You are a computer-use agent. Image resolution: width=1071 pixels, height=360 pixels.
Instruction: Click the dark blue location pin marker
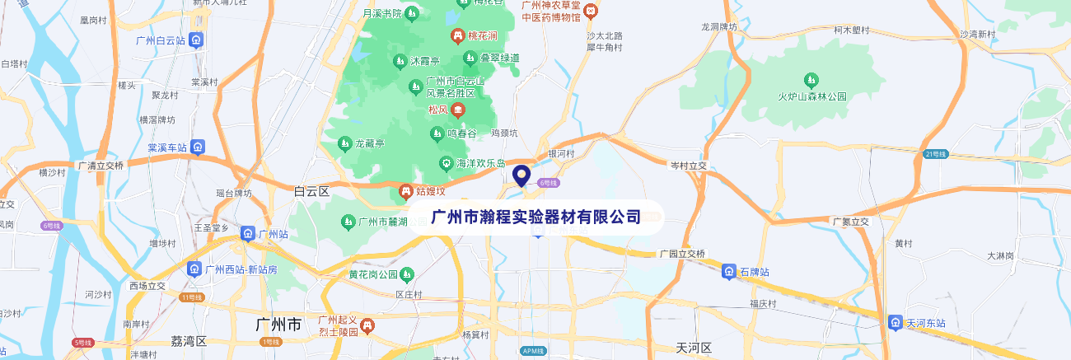(x=521, y=175)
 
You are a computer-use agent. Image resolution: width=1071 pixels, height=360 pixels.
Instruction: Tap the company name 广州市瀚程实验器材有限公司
(x=535, y=217)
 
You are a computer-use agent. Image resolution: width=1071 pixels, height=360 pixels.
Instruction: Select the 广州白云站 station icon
(x=195, y=40)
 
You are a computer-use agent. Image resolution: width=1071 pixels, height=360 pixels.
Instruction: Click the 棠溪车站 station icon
(x=197, y=147)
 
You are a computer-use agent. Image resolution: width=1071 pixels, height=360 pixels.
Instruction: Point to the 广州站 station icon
(x=248, y=234)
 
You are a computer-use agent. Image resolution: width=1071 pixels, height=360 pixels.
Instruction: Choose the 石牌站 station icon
(x=728, y=271)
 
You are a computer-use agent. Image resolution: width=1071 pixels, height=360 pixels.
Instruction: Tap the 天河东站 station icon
(x=896, y=322)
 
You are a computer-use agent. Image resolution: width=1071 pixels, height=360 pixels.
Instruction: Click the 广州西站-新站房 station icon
(x=194, y=269)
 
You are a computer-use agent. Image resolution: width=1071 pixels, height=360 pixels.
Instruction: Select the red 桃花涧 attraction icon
(x=457, y=36)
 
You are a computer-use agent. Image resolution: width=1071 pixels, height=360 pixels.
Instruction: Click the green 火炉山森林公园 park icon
(x=811, y=80)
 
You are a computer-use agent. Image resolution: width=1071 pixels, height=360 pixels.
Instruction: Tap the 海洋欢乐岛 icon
(x=446, y=163)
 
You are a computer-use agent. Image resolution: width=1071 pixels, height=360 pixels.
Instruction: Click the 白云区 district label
(x=311, y=191)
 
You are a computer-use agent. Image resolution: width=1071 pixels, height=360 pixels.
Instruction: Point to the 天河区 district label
(x=692, y=348)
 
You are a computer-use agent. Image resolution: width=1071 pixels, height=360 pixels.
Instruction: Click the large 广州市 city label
(x=278, y=324)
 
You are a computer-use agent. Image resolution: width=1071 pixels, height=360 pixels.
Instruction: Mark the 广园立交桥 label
(x=682, y=254)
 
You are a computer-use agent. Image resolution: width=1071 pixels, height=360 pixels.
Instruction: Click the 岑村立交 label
(x=689, y=166)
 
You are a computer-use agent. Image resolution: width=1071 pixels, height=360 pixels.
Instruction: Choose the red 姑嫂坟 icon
(x=405, y=192)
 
